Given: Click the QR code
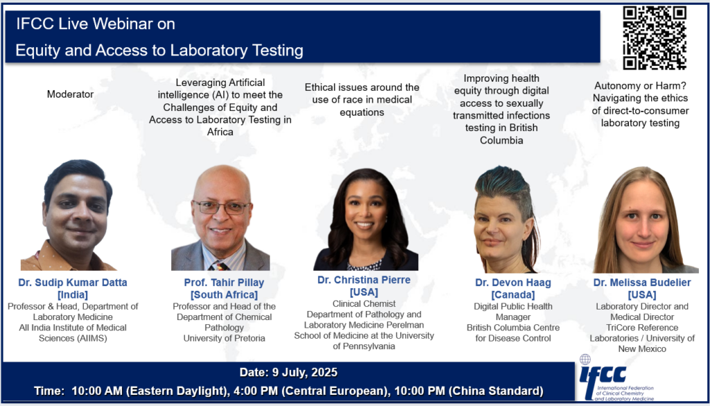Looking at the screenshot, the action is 655,37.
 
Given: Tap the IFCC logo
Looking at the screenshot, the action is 616,378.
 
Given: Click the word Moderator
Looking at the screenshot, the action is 70,94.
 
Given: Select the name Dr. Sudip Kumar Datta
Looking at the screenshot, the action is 72,283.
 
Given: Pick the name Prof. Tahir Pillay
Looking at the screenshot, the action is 224,283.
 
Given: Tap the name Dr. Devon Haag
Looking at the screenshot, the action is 513,283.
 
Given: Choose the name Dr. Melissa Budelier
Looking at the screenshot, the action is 642,283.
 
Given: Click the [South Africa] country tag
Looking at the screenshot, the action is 224,295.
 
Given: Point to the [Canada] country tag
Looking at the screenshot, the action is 513,295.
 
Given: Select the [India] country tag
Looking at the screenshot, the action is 72,295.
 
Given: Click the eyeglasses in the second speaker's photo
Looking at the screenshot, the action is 221,208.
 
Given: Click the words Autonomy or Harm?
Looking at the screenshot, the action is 640,86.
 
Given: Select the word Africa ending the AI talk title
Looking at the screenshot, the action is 220,133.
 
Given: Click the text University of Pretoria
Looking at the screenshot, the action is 224,339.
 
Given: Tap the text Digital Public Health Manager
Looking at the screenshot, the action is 513,312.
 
